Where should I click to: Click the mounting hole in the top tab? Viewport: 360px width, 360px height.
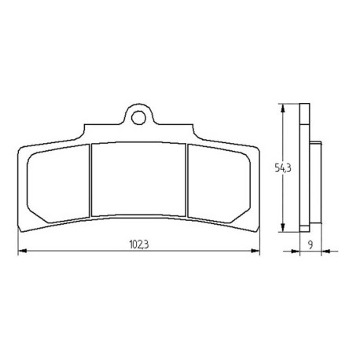click(x=138, y=117)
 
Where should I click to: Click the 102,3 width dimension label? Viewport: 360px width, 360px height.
click(x=139, y=244)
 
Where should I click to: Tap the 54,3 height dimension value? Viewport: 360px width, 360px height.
click(x=283, y=167)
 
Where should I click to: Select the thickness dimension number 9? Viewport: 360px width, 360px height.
click(x=310, y=245)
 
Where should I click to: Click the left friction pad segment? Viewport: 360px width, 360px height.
click(x=58, y=184)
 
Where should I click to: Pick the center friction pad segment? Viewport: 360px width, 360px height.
click(x=139, y=179)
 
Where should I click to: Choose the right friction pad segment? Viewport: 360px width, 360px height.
click(x=219, y=184)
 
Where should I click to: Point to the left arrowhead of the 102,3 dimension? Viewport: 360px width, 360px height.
click(x=23, y=251)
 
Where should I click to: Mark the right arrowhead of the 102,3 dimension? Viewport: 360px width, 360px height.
click(x=255, y=251)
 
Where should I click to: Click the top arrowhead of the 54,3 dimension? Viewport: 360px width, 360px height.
click(x=282, y=107)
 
